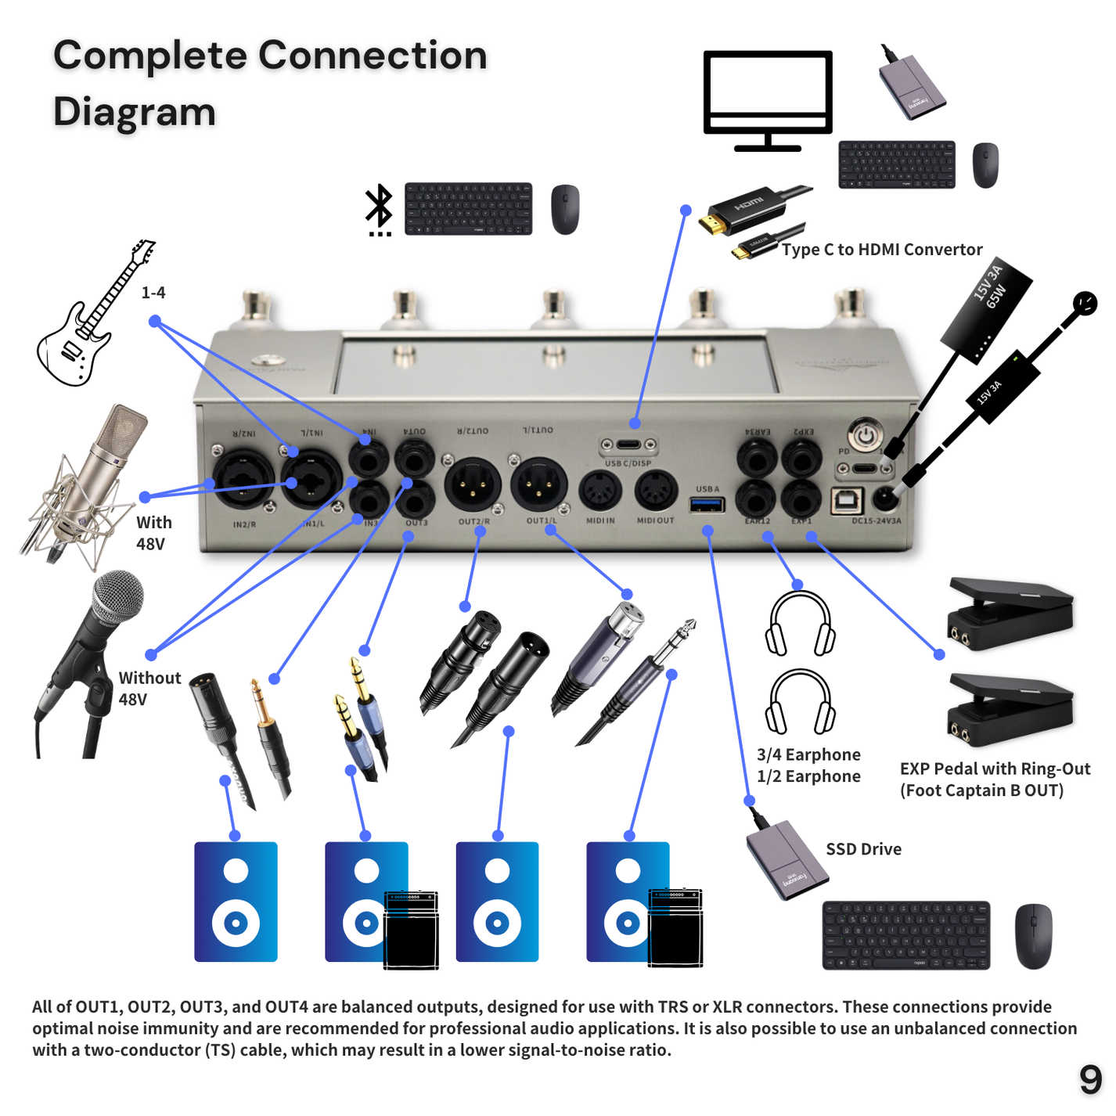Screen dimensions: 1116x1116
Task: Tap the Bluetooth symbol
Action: [380, 208]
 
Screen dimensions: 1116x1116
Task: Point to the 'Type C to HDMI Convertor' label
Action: [881, 250]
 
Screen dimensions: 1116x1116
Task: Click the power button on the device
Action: [864, 434]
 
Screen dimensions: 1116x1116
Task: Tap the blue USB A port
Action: [706, 504]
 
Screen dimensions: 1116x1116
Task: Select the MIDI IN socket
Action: [600, 491]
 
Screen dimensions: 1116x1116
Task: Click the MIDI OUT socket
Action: [655, 491]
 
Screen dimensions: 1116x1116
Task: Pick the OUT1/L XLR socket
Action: [538, 484]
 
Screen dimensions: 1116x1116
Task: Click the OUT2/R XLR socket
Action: [473, 484]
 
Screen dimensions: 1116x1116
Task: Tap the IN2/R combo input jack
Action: [243, 480]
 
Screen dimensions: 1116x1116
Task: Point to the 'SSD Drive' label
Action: [863, 849]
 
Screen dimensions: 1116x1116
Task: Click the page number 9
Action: [1090, 1080]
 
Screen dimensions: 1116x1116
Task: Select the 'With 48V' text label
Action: [153, 533]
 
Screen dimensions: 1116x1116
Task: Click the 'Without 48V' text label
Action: [149, 689]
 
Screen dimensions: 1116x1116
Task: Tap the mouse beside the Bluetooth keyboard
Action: [565, 210]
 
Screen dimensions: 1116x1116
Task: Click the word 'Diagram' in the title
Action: [135, 112]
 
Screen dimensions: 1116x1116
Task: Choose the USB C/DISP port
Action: [628, 445]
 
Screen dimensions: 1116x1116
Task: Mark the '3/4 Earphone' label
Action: [808, 754]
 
